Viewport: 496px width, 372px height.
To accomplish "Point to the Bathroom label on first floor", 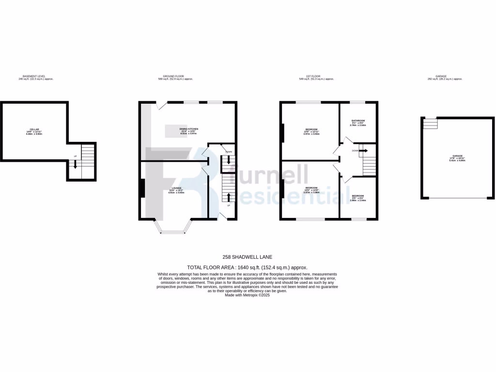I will click(358, 120).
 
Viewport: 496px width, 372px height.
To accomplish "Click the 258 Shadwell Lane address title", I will click(248, 257).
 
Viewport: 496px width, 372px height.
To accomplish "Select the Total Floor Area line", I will click(248, 267).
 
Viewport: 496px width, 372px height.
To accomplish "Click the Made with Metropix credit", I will click(247, 295).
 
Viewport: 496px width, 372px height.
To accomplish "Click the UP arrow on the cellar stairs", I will click(75, 165).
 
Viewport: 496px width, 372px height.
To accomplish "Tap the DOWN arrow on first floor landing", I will click(363, 151).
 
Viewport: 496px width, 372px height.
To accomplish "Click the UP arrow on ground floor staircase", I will click(228, 197).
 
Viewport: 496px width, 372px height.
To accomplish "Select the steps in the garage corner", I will click(430, 124).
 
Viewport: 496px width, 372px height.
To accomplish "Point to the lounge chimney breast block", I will click(141, 188).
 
